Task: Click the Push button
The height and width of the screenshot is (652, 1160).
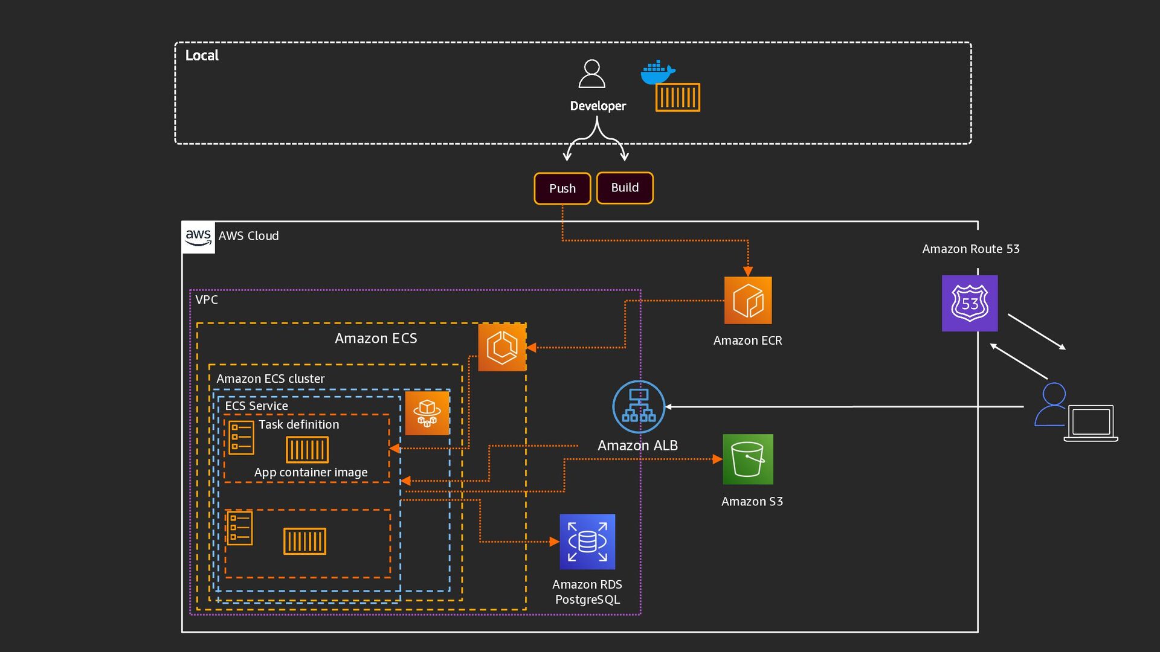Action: [562, 188]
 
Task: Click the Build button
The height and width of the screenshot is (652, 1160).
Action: [625, 188]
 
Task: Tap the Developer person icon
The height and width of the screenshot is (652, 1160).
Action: [591, 74]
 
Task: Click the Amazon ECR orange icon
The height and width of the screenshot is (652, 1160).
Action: [748, 300]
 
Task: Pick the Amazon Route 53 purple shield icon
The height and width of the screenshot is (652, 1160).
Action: [970, 303]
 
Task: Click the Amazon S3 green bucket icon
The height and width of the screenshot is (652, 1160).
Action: [748, 459]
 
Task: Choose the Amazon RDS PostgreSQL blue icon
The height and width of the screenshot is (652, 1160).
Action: [587, 542]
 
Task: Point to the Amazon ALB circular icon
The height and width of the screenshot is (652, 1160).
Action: [639, 406]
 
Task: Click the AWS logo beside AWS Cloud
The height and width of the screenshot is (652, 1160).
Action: [198, 237]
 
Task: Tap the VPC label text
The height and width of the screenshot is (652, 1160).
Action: [207, 299]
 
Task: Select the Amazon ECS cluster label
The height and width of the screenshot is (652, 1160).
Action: [270, 379]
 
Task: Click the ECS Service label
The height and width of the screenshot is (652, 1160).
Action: [256, 406]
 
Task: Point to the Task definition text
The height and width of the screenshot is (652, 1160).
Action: [298, 424]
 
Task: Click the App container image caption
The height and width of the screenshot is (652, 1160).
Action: [311, 472]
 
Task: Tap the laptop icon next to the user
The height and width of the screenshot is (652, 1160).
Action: [1091, 423]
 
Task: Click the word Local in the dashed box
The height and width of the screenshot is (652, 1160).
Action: [202, 56]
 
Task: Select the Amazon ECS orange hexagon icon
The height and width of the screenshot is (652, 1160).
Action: [502, 347]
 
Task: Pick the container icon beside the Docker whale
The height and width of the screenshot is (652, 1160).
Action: [678, 97]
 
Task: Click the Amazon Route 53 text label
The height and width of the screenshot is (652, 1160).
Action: [970, 249]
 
